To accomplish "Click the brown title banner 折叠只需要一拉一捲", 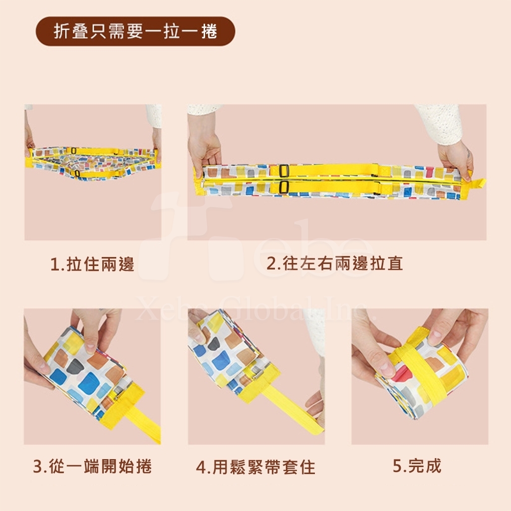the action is point(135,31).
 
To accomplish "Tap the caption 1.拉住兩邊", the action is point(92,263).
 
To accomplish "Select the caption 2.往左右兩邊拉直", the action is point(335,263).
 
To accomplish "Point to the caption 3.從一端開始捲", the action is point(92,466).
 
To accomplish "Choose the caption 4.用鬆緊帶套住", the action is point(256,467).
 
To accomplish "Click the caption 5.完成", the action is point(417,466).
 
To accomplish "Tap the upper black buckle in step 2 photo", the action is point(284,171).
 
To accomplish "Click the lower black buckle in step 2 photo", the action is point(284,187).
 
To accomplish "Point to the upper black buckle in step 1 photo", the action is point(74,151).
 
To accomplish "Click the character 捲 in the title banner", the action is point(209,31).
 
